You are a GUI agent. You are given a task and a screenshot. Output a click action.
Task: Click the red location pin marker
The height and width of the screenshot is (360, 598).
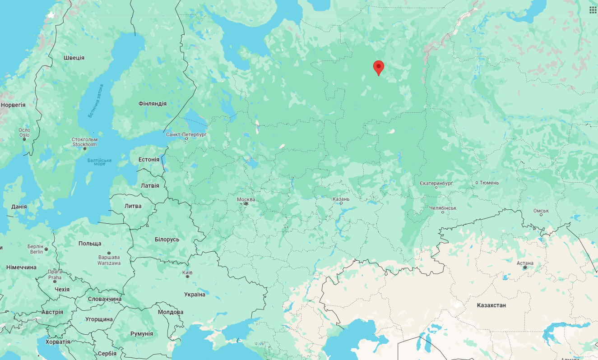click(378, 67)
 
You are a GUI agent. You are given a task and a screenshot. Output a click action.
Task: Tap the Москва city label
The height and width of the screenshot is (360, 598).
click(246, 199)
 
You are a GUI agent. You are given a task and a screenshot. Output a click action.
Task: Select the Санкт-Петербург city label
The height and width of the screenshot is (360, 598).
click(186, 134)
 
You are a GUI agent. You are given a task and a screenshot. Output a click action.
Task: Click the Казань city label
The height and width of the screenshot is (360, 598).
click(341, 199)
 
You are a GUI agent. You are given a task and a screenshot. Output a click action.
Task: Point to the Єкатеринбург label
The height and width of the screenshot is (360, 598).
click(436, 184)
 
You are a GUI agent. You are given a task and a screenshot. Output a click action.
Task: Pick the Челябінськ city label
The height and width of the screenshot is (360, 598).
click(443, 208)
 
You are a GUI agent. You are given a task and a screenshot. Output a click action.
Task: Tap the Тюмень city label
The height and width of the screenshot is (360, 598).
click(489, 183)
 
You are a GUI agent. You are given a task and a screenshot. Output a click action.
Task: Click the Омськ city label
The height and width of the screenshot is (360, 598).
click(541, 211)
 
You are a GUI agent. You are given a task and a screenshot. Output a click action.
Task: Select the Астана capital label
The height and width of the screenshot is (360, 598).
click(525, 263)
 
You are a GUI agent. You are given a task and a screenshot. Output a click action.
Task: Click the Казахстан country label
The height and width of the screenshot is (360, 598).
click(491, 305)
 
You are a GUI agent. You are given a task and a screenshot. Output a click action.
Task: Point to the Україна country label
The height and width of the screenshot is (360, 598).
click(195, 295)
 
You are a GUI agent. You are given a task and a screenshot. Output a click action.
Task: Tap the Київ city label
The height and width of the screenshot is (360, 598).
click(187, 272)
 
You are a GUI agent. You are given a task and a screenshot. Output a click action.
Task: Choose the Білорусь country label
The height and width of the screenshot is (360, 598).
click(167, 240)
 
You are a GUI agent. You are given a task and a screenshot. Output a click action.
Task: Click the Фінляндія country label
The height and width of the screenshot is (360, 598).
click(152, 104)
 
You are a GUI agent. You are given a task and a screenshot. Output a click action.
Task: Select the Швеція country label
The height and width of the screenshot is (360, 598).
click(74, 58)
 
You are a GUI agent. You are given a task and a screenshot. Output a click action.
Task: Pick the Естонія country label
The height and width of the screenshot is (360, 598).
click(149, 160)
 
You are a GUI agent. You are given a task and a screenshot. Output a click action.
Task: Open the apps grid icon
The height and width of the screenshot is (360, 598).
click(592, 9)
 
